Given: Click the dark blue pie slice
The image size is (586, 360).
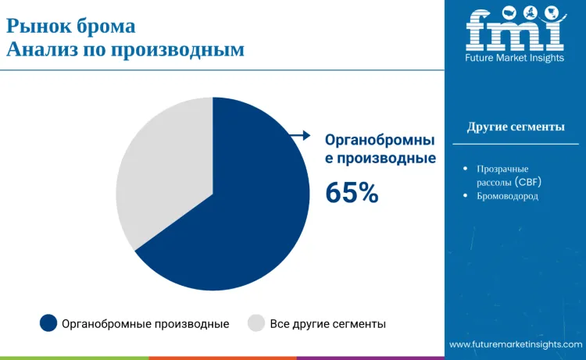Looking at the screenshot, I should point(242,211).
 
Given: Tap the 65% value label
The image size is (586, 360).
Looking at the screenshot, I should point(352,192).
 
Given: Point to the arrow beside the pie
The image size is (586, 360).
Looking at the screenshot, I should point(299,136).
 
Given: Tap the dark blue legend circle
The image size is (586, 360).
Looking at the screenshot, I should point(48,323).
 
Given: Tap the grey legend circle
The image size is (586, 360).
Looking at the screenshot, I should point(256,323).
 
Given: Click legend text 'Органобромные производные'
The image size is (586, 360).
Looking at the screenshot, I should point(145,323).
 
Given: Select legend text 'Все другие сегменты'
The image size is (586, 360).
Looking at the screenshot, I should point(328,323).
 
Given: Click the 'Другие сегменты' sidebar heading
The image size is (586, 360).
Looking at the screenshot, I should point(516,127).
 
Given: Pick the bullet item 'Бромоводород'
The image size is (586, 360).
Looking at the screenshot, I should point(507,196).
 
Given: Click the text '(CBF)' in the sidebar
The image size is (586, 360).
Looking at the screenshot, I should point(528,182).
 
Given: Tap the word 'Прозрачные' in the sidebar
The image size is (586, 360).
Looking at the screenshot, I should point(502,169).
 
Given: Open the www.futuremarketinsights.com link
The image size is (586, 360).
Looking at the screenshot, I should point(516,344).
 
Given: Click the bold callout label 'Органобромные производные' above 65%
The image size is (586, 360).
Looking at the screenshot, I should point(380,149).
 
